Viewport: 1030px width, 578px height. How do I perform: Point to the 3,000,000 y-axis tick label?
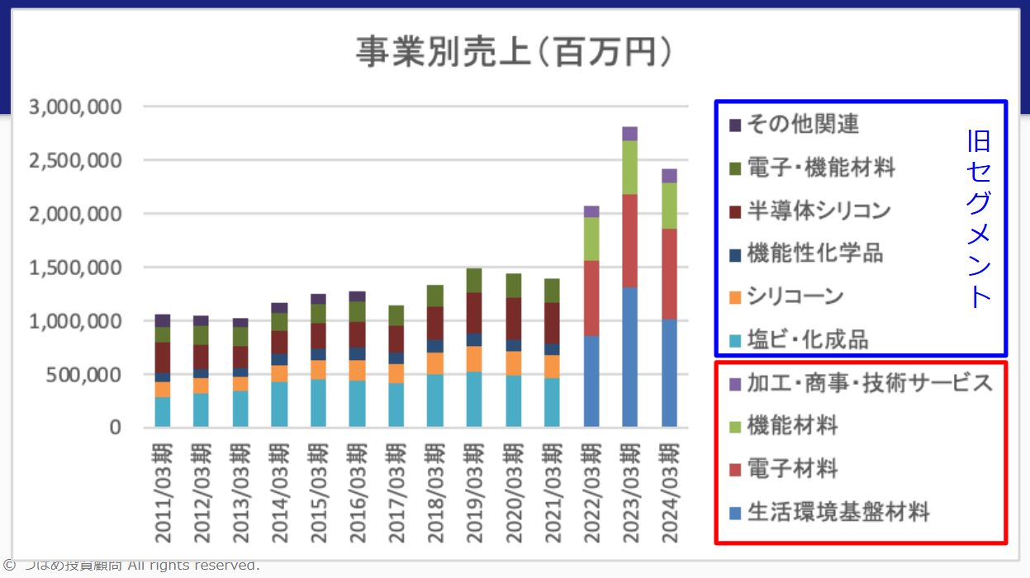click(75, 107)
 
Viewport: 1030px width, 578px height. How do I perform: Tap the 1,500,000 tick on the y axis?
click(75, 268)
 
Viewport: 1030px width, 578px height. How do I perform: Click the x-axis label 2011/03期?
click(163, 493)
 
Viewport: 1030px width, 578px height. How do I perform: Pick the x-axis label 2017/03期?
click(396, 493)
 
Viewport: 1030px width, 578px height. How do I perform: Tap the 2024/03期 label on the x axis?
click(669, 493)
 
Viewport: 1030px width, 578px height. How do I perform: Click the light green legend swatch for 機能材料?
click(735, 427)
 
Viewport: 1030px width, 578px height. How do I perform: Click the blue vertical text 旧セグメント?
click(980, 219)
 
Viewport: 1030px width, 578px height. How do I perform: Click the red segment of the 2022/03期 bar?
click(591, 298)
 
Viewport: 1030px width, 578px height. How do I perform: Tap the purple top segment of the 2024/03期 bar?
click(669, 175)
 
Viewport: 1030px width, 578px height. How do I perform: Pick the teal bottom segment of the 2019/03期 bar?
click(474, 400)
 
